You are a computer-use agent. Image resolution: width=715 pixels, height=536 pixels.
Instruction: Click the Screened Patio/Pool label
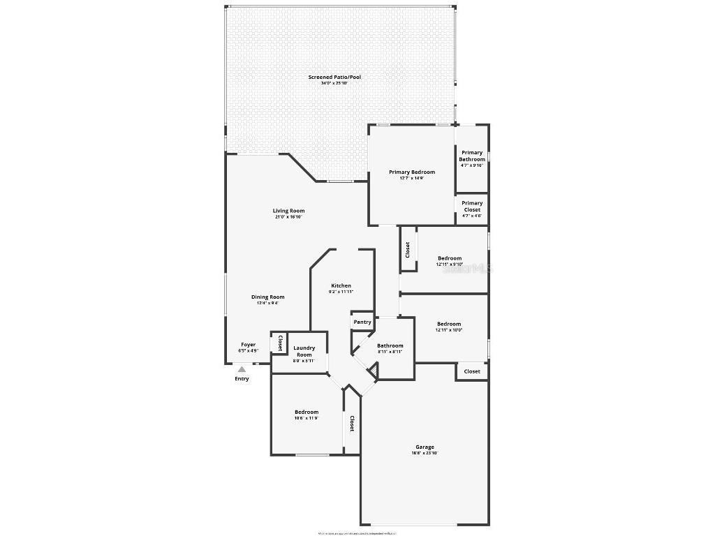coord(335,77)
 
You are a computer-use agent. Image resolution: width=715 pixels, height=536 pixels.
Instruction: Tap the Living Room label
coord(288,211)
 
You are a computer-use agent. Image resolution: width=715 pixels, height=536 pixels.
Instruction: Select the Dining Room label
coord(268,297)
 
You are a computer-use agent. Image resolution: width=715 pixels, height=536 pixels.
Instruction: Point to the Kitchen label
coord(341,285)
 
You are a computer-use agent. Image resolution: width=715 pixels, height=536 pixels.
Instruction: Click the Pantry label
coord(362,322)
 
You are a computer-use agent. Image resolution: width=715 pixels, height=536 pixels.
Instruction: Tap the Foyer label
coord(249,344)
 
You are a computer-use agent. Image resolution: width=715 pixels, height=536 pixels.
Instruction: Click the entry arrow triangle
coord(242,369)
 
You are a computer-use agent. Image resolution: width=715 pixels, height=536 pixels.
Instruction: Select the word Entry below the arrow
coord(242,379)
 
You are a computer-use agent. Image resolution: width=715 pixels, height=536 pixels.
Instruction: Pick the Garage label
coord(425,447)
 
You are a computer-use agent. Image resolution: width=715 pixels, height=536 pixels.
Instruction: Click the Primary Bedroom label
coord(412,172)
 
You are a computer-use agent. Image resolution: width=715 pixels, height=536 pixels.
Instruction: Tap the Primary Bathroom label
coord(472,156)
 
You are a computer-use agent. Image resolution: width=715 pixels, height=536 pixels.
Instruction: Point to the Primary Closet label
coord(472,206)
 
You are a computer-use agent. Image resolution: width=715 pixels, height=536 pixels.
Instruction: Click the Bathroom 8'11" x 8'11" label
coord(390,345)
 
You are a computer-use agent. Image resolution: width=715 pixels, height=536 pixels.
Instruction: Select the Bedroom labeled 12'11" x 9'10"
coord(450,258)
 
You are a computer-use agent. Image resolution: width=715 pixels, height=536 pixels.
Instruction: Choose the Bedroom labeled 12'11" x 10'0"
coord(449,324)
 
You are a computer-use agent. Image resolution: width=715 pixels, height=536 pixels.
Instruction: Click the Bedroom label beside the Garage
coord(307,412)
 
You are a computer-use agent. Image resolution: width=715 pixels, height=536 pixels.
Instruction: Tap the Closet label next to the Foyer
coord(280,343)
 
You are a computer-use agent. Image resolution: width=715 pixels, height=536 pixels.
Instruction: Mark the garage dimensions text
coord(425,454)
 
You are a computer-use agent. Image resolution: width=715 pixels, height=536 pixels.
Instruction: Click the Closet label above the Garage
coord(473,371)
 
